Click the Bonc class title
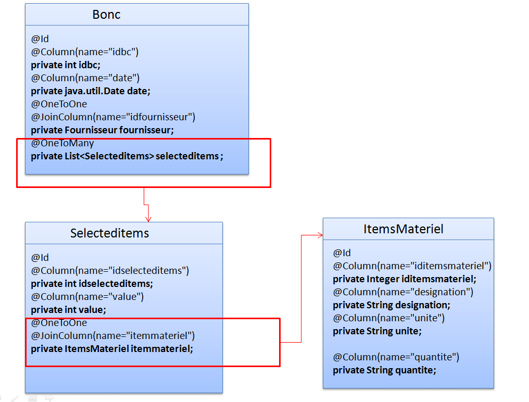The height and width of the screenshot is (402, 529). tap(106, 15)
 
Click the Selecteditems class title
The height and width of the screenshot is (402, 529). tap(109, 233)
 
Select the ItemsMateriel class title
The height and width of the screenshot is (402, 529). tap(403, 229)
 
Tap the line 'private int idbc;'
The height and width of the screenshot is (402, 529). tap(66, 65)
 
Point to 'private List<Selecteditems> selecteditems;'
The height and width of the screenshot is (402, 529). tap(127, 156)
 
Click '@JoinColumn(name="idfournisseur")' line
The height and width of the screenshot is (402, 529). tap(113, 117)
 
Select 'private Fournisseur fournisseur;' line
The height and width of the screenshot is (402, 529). tap(102, 130)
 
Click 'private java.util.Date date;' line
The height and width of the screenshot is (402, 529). tap(91, 91)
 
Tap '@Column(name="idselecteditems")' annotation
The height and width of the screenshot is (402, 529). tap(110, 270)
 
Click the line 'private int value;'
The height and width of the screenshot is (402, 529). tap(68, 309)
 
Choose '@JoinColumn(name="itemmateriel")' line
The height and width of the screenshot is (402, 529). tap(113, 335)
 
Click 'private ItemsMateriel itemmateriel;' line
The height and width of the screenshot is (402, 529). tap(112, 348)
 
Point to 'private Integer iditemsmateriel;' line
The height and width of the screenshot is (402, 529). tap(405, 279)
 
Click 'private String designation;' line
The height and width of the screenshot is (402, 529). tap(392, 305)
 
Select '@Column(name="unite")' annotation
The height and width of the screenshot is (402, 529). tap(389, 318)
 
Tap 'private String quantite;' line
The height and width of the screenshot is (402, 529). tap(384, 370)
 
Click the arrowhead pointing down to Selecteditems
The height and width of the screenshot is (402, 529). tap(148, 218)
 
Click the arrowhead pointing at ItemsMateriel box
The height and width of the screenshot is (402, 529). tap(319, 236)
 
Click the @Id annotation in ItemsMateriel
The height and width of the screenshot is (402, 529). tap(342, 253)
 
